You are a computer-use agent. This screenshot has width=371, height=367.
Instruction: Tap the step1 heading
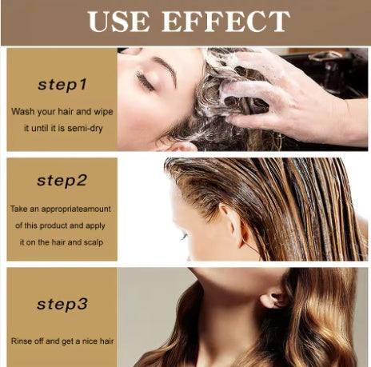tap(62, 82)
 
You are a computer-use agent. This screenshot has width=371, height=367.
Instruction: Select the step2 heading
tap(62, 180)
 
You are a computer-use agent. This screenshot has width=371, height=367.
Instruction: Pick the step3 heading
tap(62, 304)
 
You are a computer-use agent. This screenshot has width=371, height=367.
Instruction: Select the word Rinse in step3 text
tap(22, 341)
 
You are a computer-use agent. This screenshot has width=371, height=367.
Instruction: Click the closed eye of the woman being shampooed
tap(145, 81)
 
